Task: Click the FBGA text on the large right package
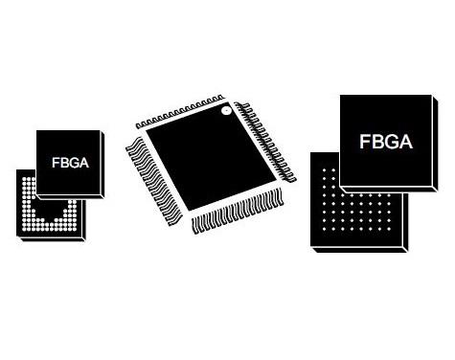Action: click(x=386, y=142)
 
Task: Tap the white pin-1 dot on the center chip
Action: click(x=226, y=112)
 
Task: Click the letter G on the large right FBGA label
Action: click(x=393, y=142)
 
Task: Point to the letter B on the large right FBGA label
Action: click(x=378, y=142)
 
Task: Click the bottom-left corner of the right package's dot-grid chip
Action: click(x=312, y=248)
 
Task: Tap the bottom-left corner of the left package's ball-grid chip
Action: click(x=19, y=236)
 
